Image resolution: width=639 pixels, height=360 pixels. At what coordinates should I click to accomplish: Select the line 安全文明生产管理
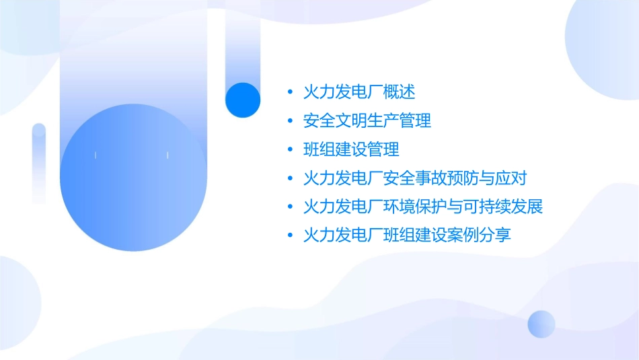pos(367,120)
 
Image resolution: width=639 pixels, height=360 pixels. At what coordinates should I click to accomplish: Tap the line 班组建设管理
pos(351,149)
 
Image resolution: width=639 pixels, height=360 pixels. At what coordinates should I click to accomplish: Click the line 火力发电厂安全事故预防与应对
pos(415,178)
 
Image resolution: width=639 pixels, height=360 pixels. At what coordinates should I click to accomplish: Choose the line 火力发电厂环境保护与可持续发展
pos(423,207)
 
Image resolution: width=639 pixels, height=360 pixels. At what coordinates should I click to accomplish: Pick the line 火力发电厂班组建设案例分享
pos(407,236)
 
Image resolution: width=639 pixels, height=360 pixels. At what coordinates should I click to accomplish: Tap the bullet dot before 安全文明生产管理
pos(290,121)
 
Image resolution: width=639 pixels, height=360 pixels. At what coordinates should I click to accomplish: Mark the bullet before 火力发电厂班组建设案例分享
pos(290,236)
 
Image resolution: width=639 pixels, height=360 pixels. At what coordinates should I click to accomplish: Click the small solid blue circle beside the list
pos(243,100)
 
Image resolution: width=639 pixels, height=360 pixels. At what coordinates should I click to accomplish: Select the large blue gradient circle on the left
pos(133,178)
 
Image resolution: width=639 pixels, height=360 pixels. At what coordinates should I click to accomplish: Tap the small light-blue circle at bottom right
pos(541,324)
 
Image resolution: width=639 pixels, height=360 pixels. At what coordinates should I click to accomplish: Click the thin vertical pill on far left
pos(39,164)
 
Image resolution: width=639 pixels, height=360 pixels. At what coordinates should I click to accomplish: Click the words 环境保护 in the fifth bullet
pos(415,207)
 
